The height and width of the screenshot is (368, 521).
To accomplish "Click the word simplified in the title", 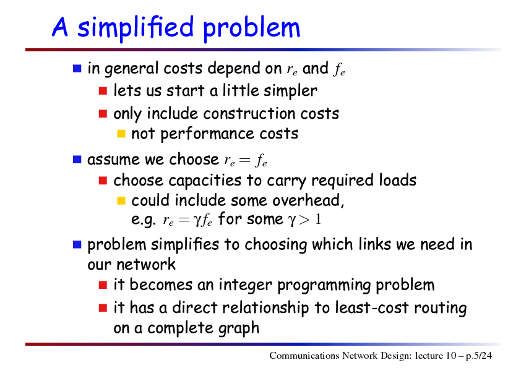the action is coord(136,28).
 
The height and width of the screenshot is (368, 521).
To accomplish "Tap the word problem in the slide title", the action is coord(252,28).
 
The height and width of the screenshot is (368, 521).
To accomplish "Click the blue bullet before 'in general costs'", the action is coord(77,69).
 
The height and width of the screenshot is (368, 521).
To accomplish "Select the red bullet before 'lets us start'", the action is coord(103,91).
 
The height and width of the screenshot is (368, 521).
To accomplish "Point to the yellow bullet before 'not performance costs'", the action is coord(121,134).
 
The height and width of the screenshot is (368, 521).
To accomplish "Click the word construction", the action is coord(249,114).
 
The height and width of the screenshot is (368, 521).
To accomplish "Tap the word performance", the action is coord(207,134).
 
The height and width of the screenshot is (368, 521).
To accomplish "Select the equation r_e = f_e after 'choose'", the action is coord(246,161).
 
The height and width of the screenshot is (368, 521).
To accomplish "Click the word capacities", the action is coord(205,181).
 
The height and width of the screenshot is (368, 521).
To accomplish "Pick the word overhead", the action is coord(308,200).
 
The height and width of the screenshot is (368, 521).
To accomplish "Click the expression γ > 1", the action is coord(304,220).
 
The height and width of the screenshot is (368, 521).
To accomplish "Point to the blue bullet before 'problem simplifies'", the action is coord(77,244).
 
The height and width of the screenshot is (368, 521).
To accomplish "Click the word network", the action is coord(146,265).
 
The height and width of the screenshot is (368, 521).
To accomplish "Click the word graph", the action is coord(239,329).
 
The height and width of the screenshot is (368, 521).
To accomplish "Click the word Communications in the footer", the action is coord(304,356).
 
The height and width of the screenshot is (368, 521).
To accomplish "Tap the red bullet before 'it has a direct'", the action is coord(103,308).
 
